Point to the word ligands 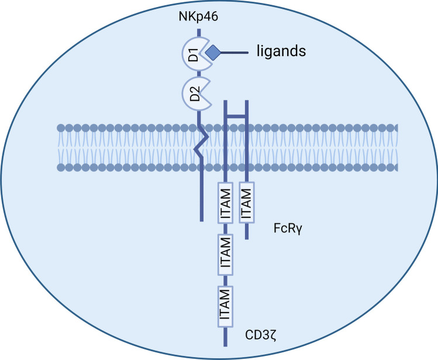click(x=282, y=51)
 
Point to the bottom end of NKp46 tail click(x=201, y=220)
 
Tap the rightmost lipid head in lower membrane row click(x=395, y=168)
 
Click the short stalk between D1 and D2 click(x=199, y=75)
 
